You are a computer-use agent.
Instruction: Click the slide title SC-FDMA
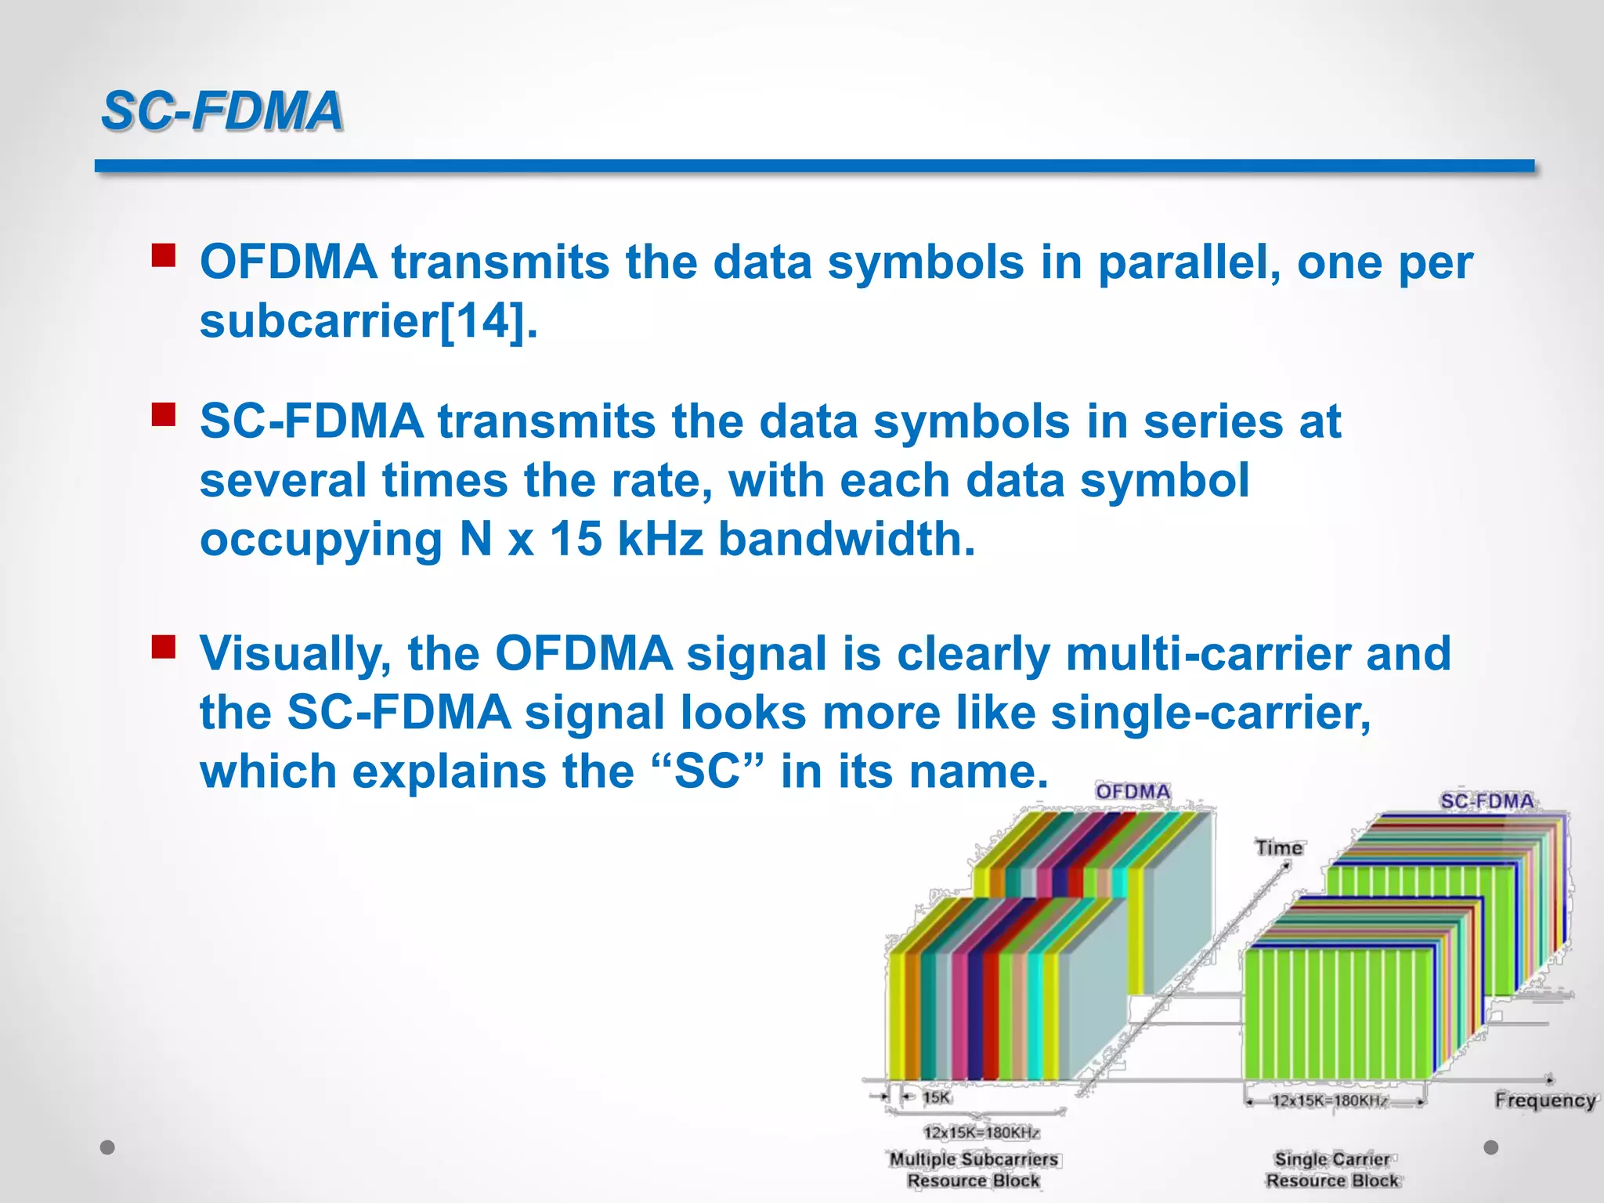(222, 110)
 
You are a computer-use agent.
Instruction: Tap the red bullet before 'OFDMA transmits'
(164, 255)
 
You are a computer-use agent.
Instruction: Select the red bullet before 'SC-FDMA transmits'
(164, 414)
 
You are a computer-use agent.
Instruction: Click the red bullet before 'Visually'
(164, 647)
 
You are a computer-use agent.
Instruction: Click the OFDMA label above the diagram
(1133, 792)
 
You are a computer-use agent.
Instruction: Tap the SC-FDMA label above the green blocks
(1487, 801)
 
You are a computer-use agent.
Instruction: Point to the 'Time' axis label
(1279, 847)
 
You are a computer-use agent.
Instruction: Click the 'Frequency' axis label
(1544, 1100)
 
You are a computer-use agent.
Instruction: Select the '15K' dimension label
(936, 1097)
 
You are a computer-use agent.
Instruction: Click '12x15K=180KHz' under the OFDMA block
(981, 1133)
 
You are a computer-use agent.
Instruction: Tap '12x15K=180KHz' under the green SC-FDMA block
(1329, 1100)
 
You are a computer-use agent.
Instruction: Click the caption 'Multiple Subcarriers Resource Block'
(974, 1169)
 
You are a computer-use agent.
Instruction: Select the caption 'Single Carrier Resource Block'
(1332, 1169)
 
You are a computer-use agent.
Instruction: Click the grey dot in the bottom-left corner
(108, 1147)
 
